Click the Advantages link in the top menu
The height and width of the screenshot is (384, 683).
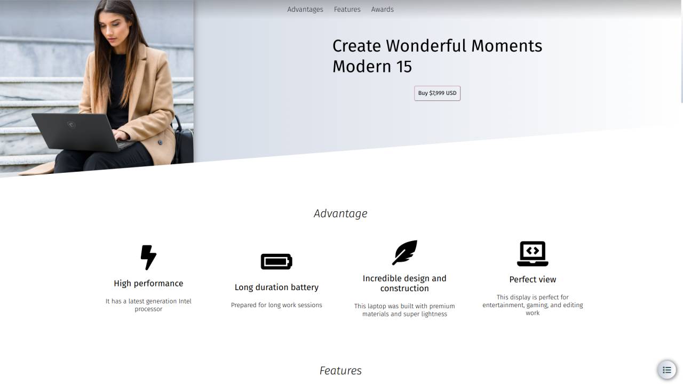pyautogui.click(x=305, y=10)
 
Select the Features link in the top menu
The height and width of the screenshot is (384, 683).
pyautogui.click(x=347, y=10)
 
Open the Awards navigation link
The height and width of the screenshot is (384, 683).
pyautogui.click(x=383, y=10)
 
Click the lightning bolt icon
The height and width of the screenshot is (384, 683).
pyautogui.click(x=148, y=258)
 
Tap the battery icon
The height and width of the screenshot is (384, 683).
pyautogui.click(x=276, y=261)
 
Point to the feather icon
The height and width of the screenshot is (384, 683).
pyautogui.click(x=404, y=253)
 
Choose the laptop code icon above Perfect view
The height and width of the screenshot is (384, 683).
pyautogui.click(x=533, y=253)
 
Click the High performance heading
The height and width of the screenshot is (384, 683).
pyautogui.click(x=148, y=283)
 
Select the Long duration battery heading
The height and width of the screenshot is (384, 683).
pyautogui.click(x=276, y=287)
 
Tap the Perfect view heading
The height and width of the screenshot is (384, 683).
pyautogui.click(x=533, y=279)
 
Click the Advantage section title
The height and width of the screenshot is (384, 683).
pyautogui.click(x=340, y=214)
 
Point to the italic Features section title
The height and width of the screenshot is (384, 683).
pyautogui.click(x=340, y=371)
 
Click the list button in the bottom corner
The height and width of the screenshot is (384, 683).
pyautogui.click(x=667, y=370)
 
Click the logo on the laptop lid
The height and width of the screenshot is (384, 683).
pyautogui.click(x=71, y=124)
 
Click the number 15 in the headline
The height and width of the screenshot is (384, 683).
pyautogui.click(x=404, y=67)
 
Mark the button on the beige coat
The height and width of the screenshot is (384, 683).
pyautogui.click(x=160, y=142)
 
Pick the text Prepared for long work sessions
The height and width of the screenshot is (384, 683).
pyautogui.click(x=276, y=305)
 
